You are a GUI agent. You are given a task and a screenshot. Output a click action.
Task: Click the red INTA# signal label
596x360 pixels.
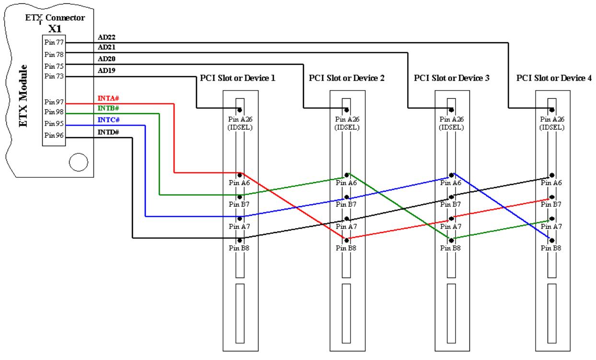click(108, 98)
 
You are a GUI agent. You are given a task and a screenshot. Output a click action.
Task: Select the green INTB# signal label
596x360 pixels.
click(108, 108)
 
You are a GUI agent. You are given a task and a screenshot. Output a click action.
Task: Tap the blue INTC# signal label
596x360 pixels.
click(108, 120)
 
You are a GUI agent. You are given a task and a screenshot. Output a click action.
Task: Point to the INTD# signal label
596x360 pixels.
click(108, 132)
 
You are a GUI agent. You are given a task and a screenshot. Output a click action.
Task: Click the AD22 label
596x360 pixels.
click(106, 37)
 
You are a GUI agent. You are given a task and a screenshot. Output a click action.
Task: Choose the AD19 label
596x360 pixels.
click(106, 70)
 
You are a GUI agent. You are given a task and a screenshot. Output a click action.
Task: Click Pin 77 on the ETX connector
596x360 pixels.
click(54, 42)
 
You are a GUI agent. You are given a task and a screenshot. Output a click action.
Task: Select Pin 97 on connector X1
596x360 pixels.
click(54, 102)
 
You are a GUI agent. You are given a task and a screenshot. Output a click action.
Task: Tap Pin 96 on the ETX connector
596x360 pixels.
click(54, 135)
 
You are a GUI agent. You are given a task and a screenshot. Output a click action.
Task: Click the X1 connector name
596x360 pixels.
click(55, 28)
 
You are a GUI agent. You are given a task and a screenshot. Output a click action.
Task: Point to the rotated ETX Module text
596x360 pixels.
click(23, 96)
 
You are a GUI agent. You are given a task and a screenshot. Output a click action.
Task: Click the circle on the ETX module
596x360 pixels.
click(79, 162)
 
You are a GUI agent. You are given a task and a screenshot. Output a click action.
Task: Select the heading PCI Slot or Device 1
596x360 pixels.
click(238, 78)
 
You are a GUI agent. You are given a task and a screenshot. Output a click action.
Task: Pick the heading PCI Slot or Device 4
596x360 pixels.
click(554, 78)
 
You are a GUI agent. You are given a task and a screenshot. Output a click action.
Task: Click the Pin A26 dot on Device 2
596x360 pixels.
click(346, 110)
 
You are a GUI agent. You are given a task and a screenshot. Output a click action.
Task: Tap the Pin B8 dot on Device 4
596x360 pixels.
click(552, 241)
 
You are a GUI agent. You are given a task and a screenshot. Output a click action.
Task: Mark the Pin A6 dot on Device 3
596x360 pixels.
click(451, 175)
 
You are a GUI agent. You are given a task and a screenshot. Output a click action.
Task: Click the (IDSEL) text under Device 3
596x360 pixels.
click(451, 128)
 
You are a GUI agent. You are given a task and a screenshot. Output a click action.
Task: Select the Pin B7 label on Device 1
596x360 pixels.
click(239, 204)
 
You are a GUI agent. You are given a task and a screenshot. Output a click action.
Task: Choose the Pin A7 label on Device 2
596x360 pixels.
click(346, 226)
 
